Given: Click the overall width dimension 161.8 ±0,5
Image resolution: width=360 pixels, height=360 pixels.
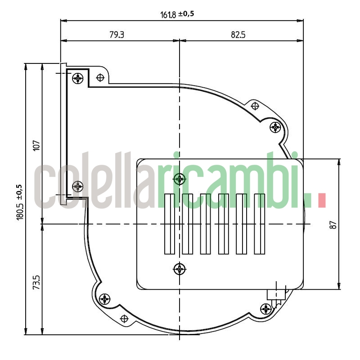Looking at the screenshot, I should click(177, 14).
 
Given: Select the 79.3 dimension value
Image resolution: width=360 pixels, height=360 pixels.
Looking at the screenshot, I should click(117, 35).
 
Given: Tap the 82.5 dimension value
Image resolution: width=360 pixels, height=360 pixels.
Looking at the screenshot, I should click(238, 35).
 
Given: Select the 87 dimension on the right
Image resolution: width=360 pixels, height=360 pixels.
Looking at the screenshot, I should click(333, 224).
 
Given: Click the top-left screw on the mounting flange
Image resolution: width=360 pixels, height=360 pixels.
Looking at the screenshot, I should click(79, 78).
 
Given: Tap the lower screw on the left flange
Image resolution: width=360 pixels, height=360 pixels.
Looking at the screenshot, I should click(78, 185).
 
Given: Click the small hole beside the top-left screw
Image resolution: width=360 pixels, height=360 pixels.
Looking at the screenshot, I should click(100, 78).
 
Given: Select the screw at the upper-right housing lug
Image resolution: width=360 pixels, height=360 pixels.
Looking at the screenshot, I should click(275, 127).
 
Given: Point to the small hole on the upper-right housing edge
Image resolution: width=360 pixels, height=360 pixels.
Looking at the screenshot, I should click(255, 106).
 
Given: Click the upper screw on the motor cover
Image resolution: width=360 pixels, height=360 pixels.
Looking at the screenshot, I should click(180, 179).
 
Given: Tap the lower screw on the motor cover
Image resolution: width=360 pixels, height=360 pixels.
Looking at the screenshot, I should click(180, 269).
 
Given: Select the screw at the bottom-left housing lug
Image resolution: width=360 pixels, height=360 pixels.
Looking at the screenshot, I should click(105, 298).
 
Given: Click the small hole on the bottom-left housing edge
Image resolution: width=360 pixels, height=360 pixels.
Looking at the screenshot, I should click(125, 319).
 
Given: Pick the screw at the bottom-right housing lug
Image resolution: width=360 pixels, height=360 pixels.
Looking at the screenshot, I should click(266, 309).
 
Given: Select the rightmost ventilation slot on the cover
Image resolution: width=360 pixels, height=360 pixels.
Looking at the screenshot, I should click(259, 224).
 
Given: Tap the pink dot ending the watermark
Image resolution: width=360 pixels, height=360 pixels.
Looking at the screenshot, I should click(321, 201).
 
